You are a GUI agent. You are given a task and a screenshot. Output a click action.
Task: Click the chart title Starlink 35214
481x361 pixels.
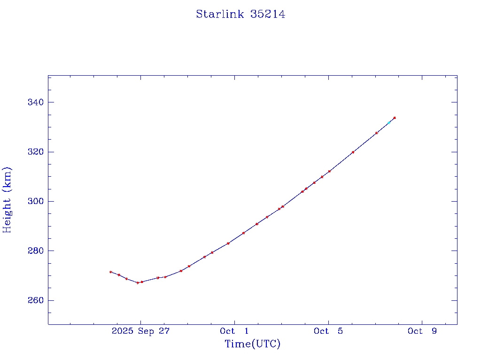coord(240,15)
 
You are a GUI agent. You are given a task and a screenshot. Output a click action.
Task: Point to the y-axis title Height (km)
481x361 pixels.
coord(7,200)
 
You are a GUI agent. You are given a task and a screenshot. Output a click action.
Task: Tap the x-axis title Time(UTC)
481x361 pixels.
coord(252,344)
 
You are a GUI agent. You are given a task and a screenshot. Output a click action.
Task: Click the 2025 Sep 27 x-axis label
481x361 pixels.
coord(140,331)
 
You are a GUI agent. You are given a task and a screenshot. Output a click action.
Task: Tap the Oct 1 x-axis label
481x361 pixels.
coord(234,331)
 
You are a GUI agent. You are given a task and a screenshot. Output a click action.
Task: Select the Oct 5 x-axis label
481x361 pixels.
coord(328,331)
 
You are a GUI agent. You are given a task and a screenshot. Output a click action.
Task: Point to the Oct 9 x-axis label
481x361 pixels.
coord(422,331)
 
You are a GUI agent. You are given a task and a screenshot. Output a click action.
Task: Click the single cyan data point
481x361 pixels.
coord(389,123)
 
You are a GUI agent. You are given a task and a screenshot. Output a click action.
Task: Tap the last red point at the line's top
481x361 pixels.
coord(395,118)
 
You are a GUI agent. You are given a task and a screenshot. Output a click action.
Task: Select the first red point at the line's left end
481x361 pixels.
coord(110,272)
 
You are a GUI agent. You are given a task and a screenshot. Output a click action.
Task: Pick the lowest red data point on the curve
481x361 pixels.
coord(138,283)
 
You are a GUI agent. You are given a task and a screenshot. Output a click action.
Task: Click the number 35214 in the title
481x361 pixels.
coord(268,15)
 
